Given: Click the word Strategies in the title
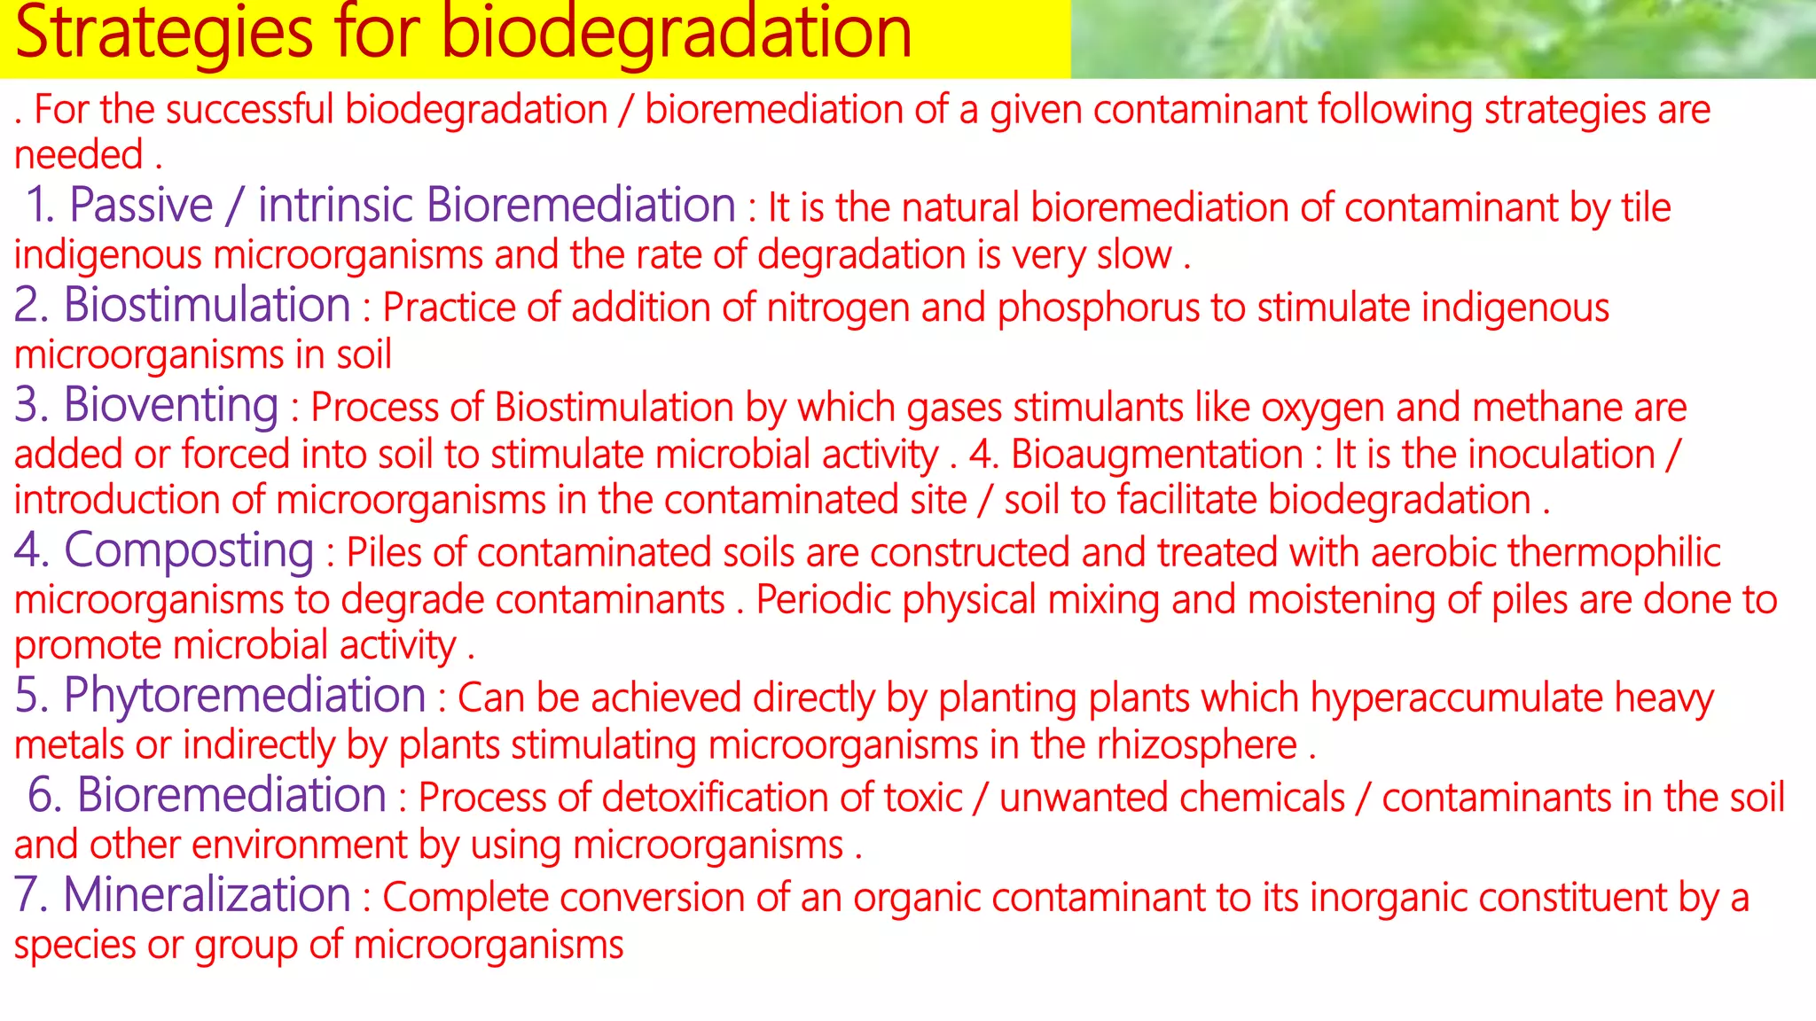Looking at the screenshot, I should point(164,34).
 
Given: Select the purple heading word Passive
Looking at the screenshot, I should point(141,206).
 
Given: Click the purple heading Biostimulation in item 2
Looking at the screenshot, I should point(207,305).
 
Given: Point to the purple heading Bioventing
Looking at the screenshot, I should point(171,405).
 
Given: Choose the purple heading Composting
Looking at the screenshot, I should point(189,550).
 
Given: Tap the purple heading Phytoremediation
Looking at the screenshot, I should point(245,695).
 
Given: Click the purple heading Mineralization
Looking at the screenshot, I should point(207,894).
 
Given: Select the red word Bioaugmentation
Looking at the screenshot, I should point(1156,455).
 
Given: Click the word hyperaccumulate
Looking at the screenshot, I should point(1456,698).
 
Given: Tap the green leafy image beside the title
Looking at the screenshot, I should point(1443,39).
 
